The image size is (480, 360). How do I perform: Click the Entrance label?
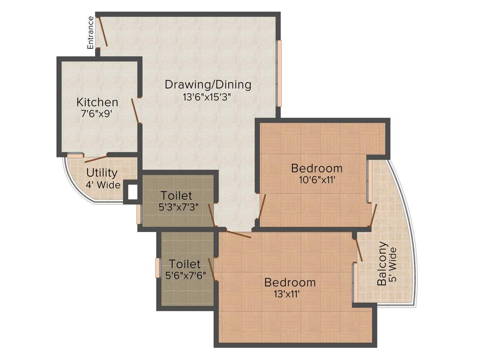[90, 32]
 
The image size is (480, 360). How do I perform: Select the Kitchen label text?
[97, 102]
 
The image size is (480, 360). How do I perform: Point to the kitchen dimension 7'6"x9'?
[97, 114]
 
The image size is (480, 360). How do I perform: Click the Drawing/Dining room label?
[208, 85]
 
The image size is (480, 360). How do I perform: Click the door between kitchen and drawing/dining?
[135, 111]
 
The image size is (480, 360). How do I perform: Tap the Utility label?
[102, 172]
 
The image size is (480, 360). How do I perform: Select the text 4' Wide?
[103, 185]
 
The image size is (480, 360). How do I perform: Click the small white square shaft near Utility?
[132, 192]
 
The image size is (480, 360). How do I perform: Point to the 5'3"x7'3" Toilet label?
[176, 195]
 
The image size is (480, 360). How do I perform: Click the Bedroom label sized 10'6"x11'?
[316, 168]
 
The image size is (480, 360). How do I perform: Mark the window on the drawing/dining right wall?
[278, 73]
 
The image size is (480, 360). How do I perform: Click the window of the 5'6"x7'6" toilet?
[157, 268]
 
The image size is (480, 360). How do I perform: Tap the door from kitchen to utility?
[96, 158]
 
